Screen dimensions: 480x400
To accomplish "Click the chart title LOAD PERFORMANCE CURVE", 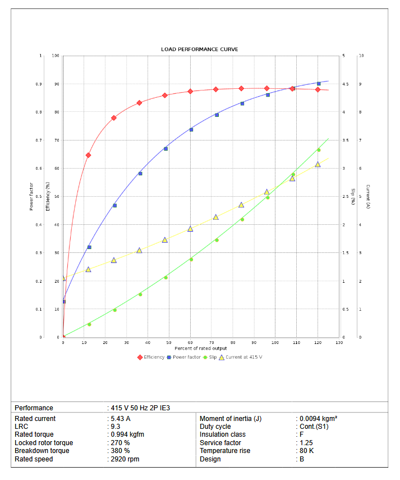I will tap(200, 49).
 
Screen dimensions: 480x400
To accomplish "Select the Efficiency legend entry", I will tap(151, 357).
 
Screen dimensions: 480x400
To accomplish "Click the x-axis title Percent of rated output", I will tap(200, 348).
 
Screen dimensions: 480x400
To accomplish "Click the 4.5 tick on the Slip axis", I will tap(346, 84).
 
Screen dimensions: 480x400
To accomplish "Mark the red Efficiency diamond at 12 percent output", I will tap(88, 155).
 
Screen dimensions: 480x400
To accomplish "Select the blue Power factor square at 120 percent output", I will tap(319, 84).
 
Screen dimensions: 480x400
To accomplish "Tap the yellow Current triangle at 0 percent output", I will tap(63, 278).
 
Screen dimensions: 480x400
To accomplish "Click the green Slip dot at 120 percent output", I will tap(319, 150).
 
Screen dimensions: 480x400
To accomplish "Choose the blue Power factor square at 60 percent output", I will tap(191, 130).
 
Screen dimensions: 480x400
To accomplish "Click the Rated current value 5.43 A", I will tap(120, 419).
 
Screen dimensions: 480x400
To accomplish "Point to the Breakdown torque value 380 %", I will tap(120, 451).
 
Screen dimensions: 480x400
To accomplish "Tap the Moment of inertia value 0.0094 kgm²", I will tap(318, 419).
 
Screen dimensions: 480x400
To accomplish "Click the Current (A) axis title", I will tap(368, 197).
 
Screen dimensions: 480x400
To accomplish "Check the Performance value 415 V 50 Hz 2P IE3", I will tap(140, 408).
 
